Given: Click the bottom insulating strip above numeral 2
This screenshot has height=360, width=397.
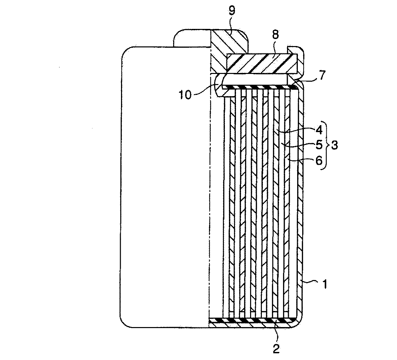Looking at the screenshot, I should click(252, 320).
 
